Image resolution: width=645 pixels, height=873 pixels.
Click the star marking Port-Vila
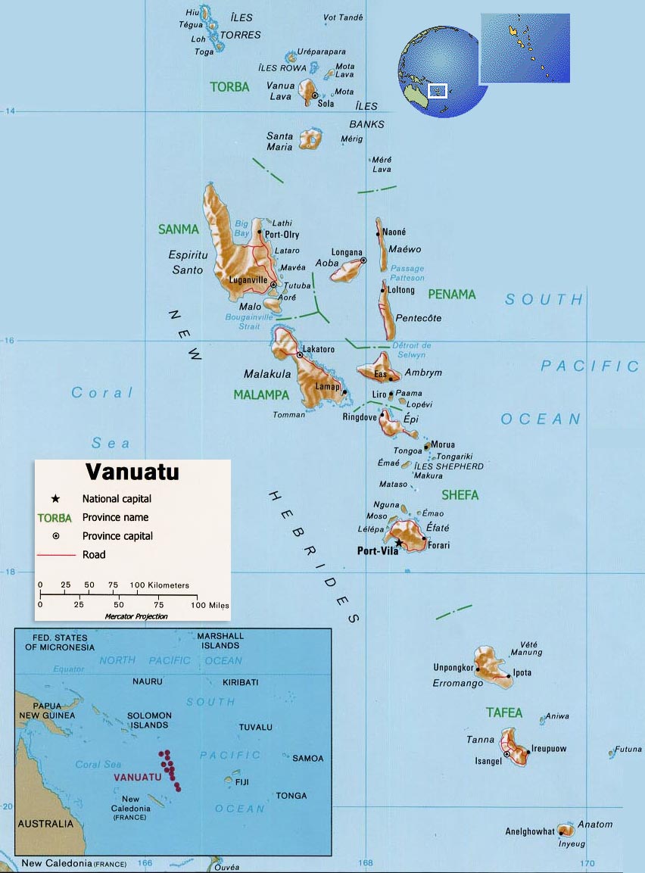[x=399, y=542]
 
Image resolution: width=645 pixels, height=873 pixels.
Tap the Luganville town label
[x=248, y=279]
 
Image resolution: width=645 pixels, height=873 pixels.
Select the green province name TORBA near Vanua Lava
[x=229, y=87]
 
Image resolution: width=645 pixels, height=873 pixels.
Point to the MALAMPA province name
[x=261, y=394]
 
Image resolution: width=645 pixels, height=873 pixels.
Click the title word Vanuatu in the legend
[x=132, y=472]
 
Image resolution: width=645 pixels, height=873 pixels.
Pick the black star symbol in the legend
[x=55, y=499]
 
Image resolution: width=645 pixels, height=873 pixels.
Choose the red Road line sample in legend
[x=56, y=555]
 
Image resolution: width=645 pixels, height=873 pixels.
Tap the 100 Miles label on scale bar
[x=210, y=605]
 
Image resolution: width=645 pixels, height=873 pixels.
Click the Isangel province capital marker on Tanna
[x=506, y=754]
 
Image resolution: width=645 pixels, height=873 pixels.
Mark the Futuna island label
[x=628, y=750]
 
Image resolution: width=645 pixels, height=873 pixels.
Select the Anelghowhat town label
[x=530, y=831]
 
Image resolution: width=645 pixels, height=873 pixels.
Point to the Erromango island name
[x=458, y=683]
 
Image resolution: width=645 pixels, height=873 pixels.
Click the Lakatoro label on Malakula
[x=319, y=349]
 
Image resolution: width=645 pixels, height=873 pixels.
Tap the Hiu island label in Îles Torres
[x=193, y=12]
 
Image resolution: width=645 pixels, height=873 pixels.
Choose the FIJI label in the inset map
[x=241, y=781]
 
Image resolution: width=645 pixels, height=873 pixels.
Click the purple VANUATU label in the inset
[x=137, y=778]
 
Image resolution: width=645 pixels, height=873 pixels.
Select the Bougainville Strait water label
[x=249, y=322]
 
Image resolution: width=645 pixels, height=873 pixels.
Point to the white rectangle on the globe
[x=437, y=90]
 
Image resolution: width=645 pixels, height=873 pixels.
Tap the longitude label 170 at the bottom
[x=587, y=863]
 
